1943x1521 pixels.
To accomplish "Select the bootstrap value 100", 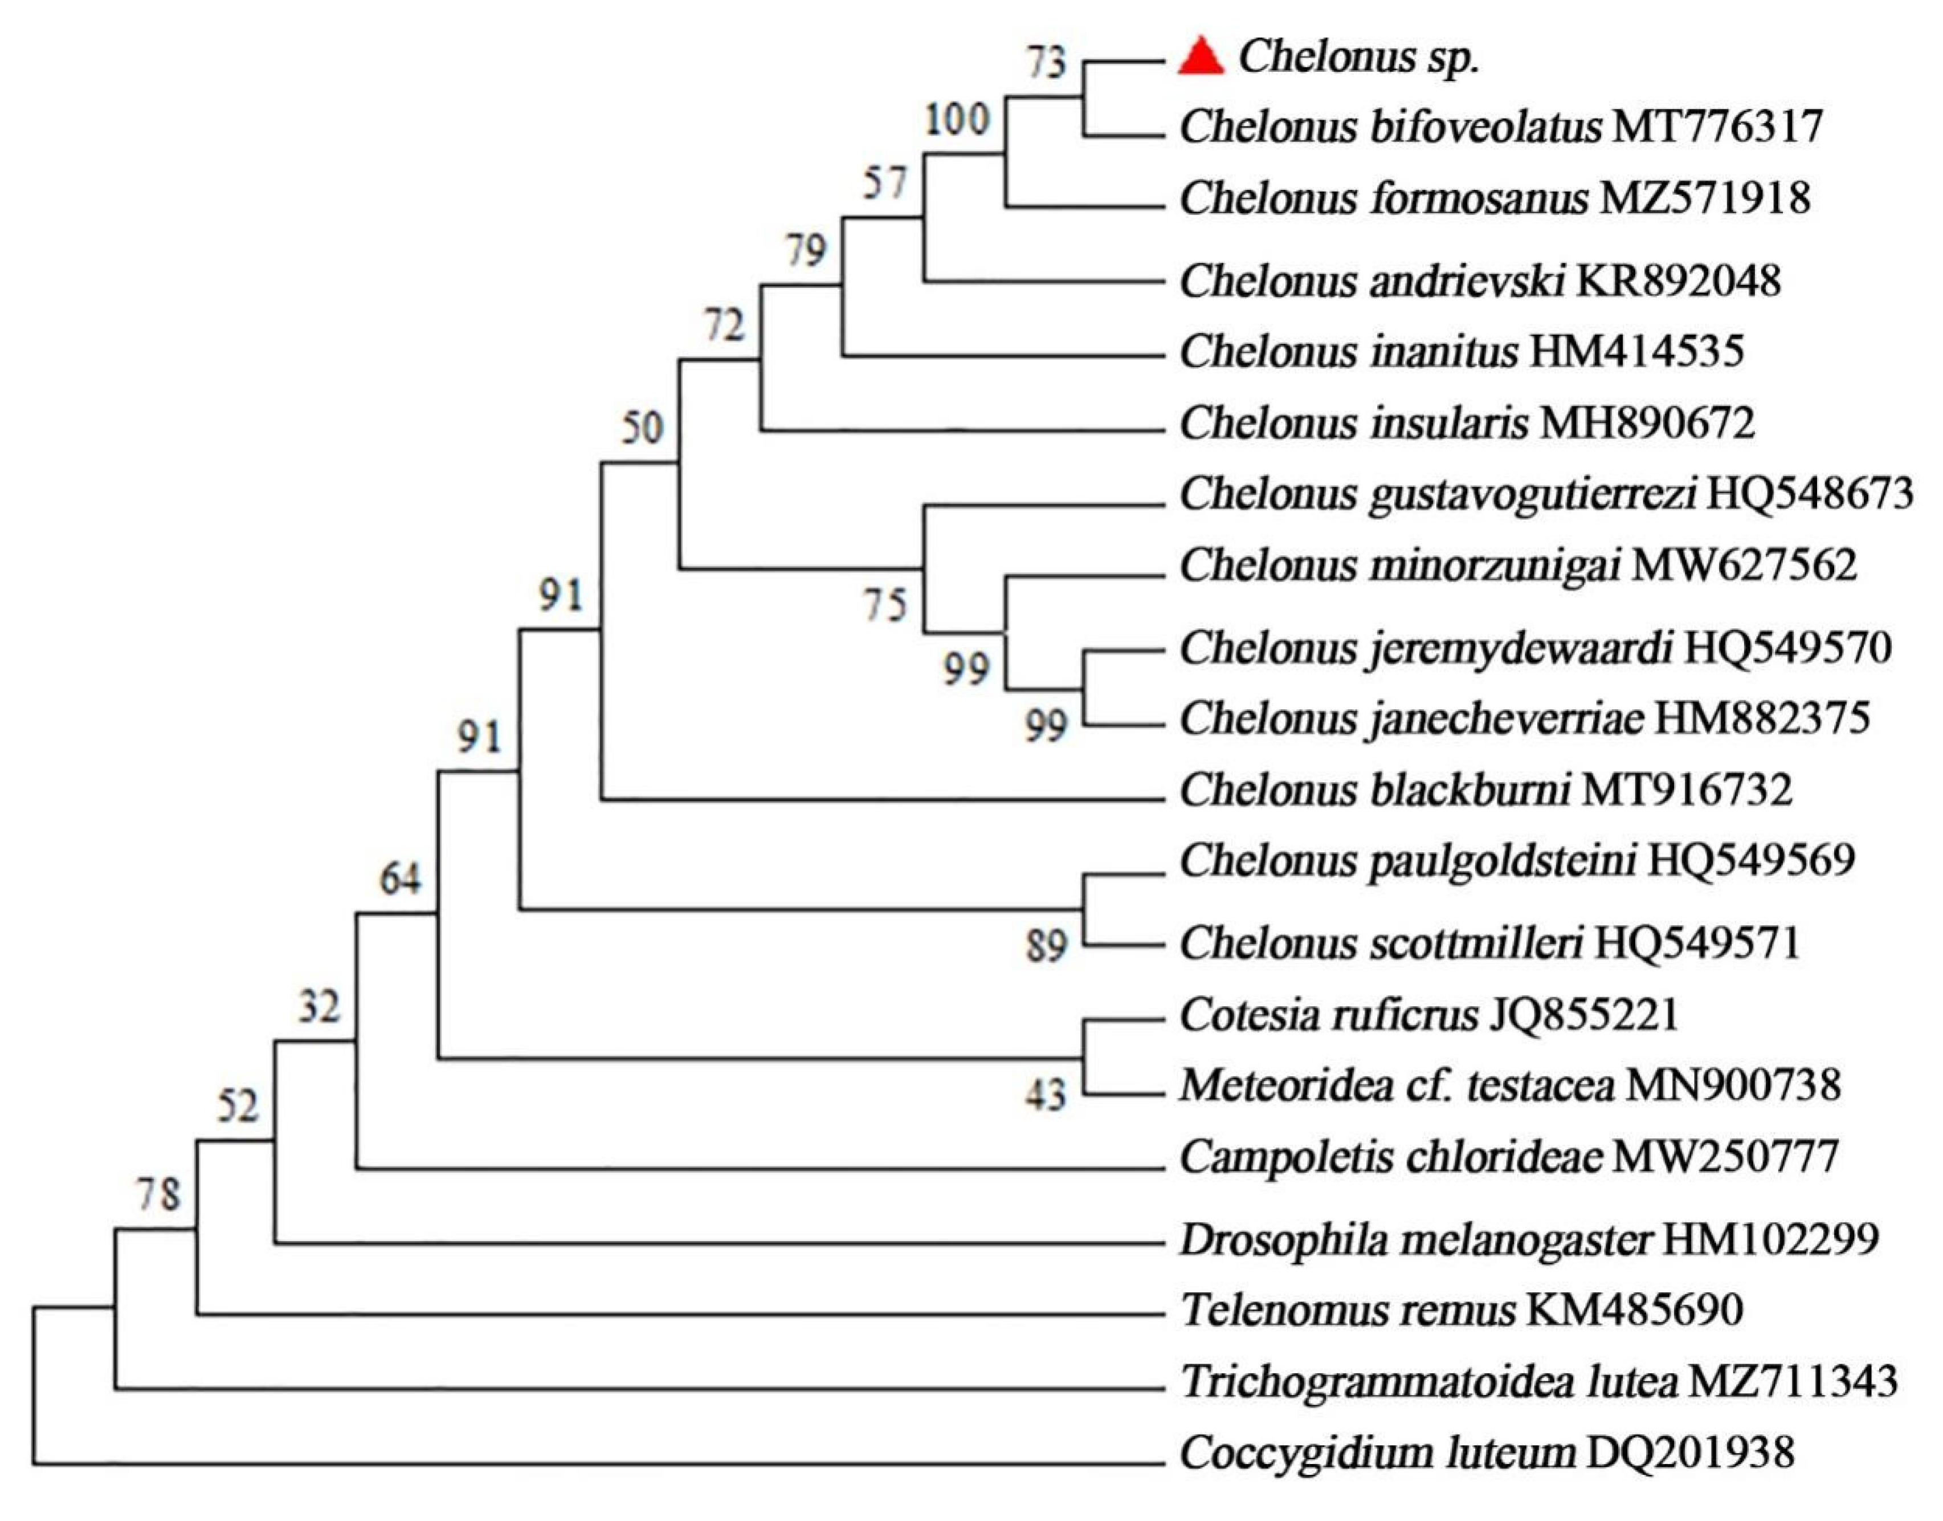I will pos(957,119).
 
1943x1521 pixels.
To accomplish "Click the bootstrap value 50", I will pos(642,428).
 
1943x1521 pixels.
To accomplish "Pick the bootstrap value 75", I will pos(885,605).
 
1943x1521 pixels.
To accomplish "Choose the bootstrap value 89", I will pos(1046,945).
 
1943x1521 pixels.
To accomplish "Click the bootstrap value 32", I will pos(319,1007).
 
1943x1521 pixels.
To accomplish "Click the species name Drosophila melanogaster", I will pos(1416,1239).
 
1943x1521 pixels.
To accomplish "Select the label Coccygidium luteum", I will pos(1378,1453).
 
